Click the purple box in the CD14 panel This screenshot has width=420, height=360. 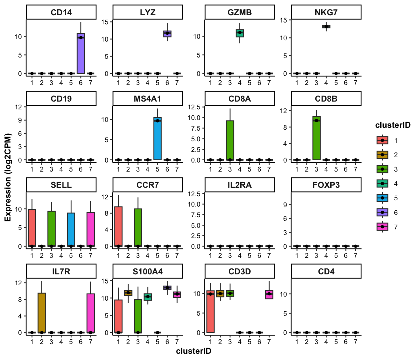81,53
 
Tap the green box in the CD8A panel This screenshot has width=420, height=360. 230,140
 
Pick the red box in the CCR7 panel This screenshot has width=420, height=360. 118,227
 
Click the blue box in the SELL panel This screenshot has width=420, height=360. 71,230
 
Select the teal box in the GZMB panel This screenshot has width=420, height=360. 240,33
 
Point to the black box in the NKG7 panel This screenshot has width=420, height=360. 326,27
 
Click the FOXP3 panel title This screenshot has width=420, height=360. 326,185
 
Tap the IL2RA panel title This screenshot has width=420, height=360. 240,185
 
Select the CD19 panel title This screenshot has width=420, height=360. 61,99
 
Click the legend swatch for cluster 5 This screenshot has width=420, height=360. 382,198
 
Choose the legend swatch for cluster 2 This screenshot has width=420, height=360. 382,155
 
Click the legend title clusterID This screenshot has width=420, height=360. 393,125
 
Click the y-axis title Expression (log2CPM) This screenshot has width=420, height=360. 8,177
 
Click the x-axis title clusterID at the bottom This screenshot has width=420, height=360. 193,351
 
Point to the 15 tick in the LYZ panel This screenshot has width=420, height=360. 105,22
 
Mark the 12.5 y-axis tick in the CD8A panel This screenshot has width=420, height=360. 194,107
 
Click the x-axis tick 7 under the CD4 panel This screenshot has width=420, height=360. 355,342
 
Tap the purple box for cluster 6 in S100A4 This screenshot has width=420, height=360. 167,288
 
